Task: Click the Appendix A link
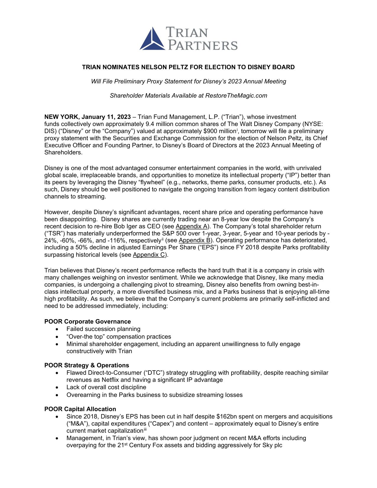(x=191, y=227)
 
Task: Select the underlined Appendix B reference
(x=194, y=240)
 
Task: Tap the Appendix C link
(x=149, y=255)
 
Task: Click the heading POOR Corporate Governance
(x=88, y=321)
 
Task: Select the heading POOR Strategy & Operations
(x=87, y=365)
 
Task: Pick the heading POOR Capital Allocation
(x=80, y=409)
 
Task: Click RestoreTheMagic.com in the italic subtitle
(x=236, y=96)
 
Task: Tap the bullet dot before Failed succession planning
(x=57, y=329)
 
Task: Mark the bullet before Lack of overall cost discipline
(x=57, y=387)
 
